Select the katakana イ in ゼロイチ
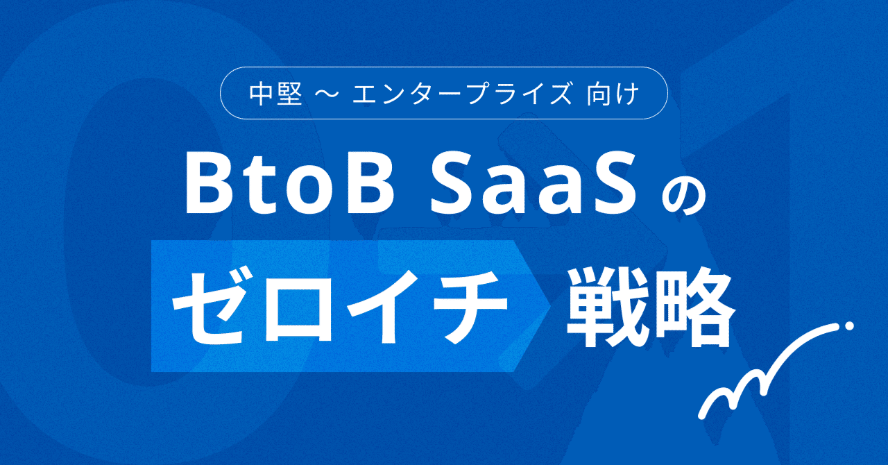[379, 306]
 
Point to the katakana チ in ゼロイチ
[466, 306]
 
